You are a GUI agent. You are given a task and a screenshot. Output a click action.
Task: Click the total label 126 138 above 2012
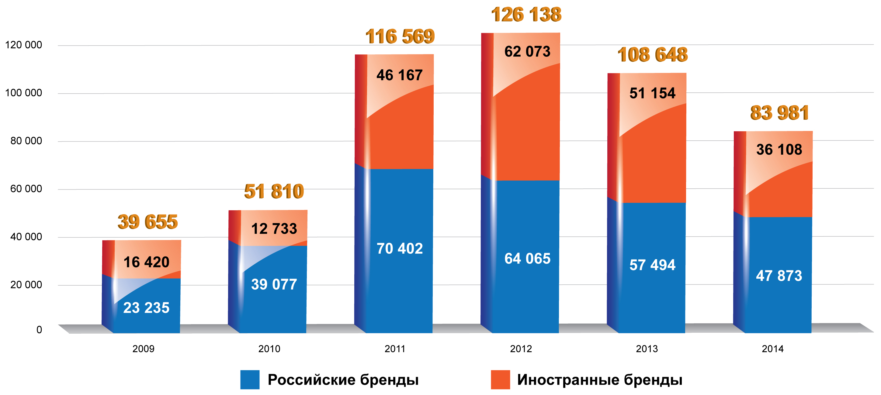tap(526, 15)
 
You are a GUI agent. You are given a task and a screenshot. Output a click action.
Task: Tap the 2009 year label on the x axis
tap(143, 349)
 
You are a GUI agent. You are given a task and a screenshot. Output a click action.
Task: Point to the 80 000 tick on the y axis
tap(26, 141)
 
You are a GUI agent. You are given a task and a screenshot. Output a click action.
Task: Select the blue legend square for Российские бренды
tap(250, 379)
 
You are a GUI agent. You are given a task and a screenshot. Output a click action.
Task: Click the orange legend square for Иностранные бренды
tap(500, 379)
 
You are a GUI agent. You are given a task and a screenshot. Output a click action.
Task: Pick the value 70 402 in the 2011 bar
tap(400, 249)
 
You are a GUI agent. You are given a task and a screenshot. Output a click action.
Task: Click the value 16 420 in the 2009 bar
tap(146, 262)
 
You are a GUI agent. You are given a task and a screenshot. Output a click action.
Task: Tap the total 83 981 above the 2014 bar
tap(779, 113)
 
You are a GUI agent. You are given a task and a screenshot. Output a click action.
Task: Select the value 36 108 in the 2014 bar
tap(779, 149)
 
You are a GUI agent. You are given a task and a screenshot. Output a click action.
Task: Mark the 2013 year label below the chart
tap(647, 349)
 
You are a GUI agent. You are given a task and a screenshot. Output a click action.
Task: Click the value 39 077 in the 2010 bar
tap(274, 284)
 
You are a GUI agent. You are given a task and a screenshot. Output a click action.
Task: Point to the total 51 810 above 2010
tap(274, 191)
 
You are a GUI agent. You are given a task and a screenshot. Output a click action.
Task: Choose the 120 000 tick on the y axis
tap(23, 45)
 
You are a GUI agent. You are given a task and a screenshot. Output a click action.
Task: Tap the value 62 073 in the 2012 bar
tap(527, 52)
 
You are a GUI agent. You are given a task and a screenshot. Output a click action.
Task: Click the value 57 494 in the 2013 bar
tap(653, 265)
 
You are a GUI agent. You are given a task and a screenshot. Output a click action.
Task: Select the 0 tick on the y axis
tap(39, 330)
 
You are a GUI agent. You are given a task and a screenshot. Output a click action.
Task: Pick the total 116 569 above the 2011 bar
tap(400, 36)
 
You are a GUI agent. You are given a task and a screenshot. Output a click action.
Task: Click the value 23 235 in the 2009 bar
tap(146, 307)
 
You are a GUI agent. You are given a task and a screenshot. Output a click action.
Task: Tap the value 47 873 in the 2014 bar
tap(779, 276)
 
